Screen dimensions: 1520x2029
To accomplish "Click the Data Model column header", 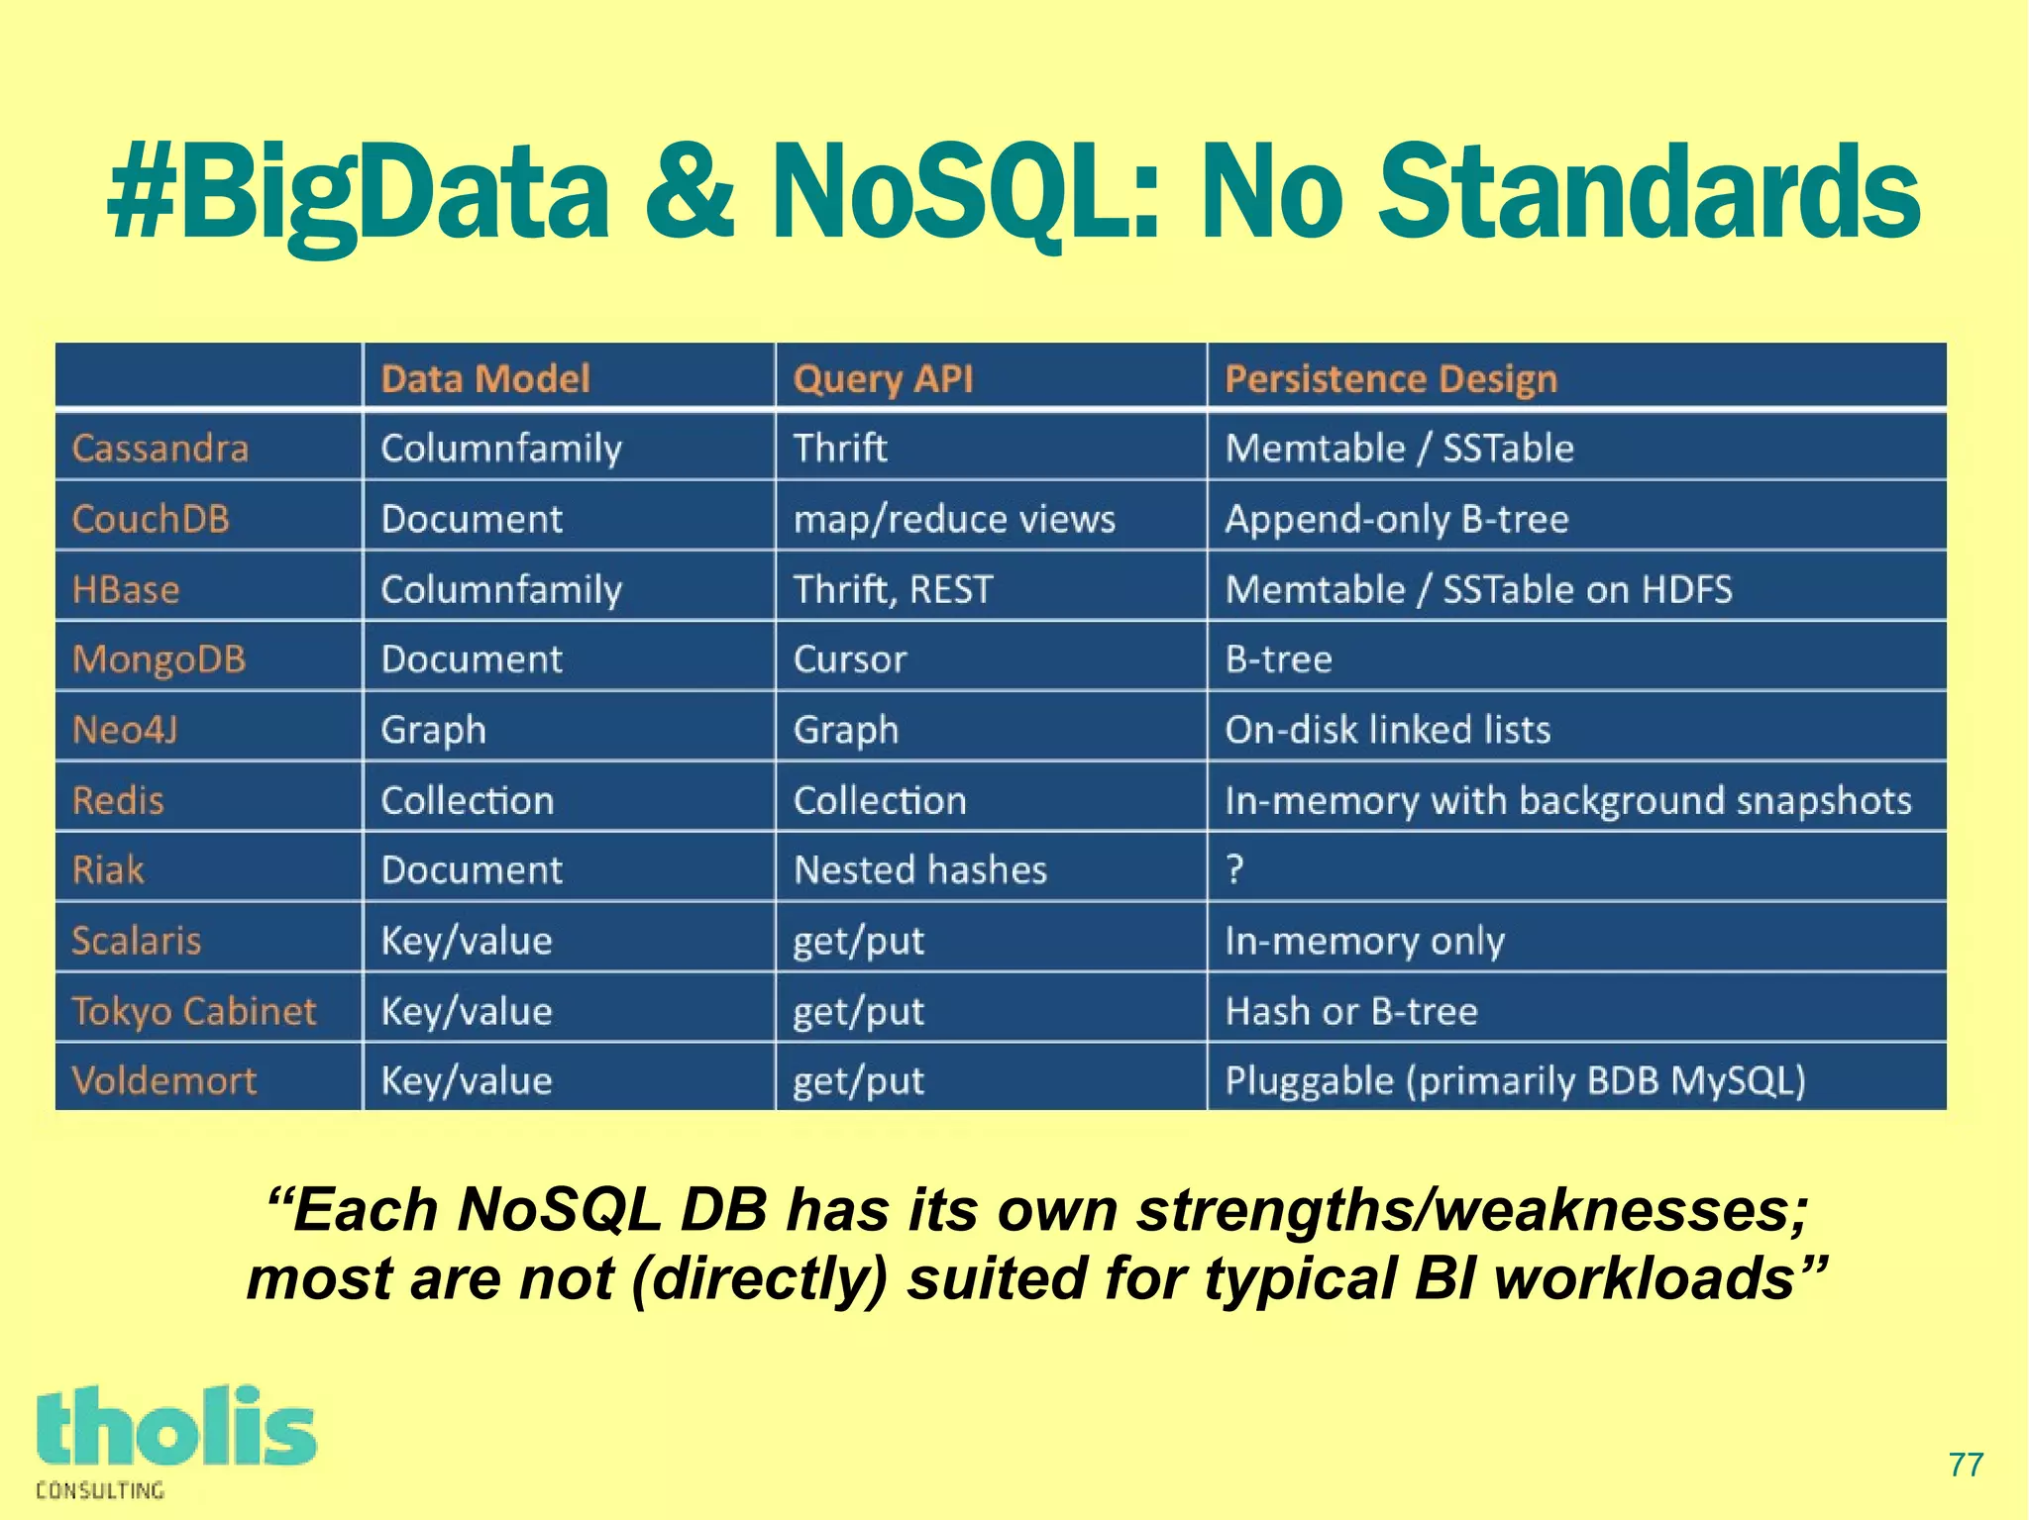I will [485, 378].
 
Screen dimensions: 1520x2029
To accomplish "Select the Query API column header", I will [883, 378].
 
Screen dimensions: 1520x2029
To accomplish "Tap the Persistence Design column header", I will [1391, 378].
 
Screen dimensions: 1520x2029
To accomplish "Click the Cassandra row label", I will [160, 449].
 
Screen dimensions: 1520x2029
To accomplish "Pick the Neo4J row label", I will [125, 730].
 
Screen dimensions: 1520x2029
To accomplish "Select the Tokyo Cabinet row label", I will [194, 1011].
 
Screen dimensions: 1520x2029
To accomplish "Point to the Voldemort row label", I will [163, 1080].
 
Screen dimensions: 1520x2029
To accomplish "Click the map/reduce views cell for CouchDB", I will [954, 519].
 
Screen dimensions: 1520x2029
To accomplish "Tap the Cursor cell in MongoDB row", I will [850, 659].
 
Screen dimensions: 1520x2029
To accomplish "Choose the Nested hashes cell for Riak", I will [920, 870].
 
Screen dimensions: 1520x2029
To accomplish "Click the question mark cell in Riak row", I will [1234, 869].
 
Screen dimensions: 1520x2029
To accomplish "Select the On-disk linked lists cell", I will [1387, 730].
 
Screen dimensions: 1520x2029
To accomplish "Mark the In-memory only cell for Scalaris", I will [1364, 941].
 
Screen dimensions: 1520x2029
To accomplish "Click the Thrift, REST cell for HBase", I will [893, 589].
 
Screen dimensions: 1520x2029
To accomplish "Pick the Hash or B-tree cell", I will [1351, 1011].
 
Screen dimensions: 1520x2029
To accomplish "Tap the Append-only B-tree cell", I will [1397, 519].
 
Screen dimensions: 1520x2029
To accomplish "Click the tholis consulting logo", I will [175, 1441].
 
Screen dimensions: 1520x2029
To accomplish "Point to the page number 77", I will [1966, 1465].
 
